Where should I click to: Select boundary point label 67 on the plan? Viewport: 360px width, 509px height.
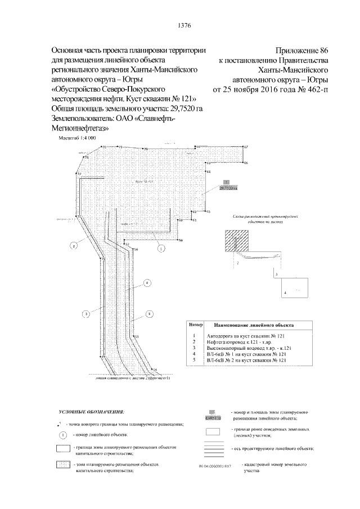246,147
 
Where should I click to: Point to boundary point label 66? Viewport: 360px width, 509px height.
246,163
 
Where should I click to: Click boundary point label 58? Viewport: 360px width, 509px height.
181,241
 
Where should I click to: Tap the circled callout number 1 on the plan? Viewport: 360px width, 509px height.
160,247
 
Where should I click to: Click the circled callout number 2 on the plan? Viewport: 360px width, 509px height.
73,245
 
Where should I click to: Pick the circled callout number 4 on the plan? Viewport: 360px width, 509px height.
147,283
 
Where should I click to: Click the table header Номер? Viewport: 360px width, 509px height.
196,325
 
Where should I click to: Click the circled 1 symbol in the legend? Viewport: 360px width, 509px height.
64,434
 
